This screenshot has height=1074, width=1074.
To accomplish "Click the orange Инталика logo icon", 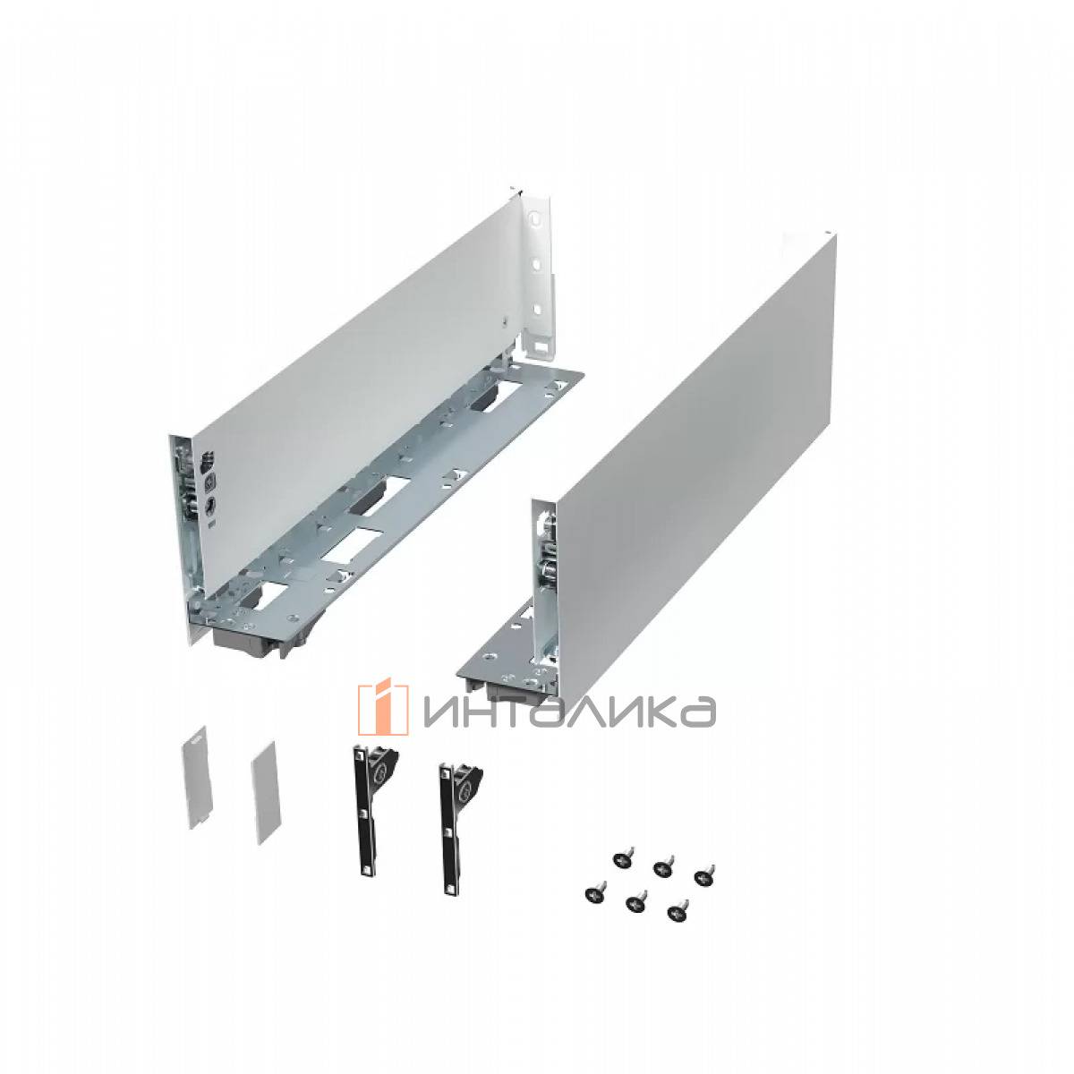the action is [x=383, y=709].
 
